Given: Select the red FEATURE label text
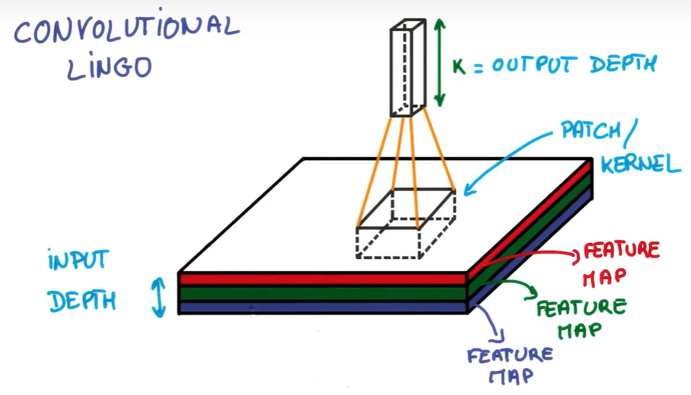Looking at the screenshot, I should (621, 251).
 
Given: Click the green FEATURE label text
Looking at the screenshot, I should (581, 308).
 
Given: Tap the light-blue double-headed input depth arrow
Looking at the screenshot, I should (159, 296).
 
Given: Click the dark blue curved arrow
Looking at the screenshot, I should (494, 322).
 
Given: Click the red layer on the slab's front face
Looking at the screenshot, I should (322, 279).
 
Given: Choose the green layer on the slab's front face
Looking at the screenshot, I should (322, 293).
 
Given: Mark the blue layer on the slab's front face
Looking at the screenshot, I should (322, 307).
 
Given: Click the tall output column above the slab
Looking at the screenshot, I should (409, 67).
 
